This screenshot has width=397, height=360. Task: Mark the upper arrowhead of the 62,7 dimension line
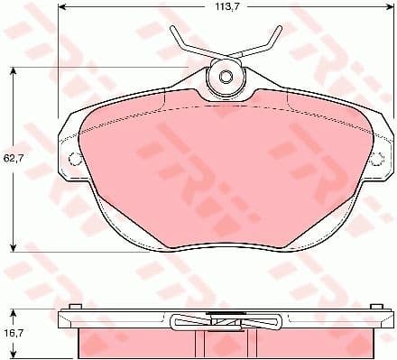pyautogui.click(x=14, y=70)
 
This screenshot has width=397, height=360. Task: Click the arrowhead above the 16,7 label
pyautogui.click(x=14, y=312)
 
